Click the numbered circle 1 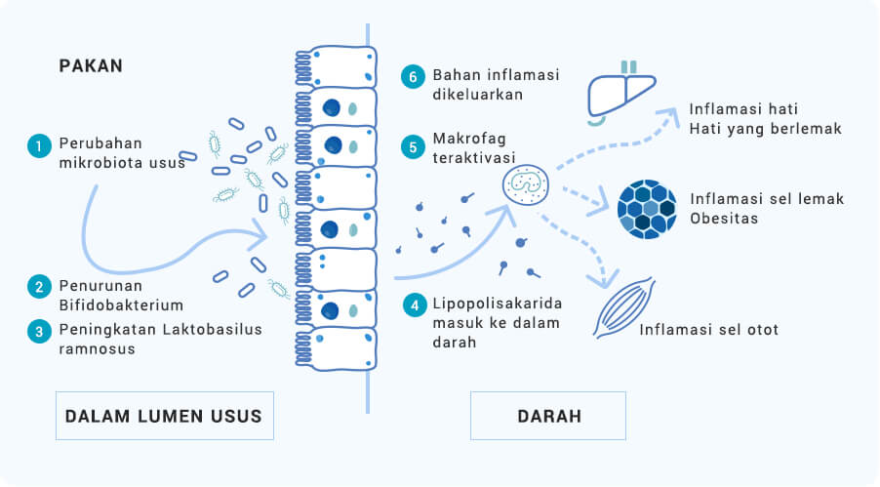click(x=39, y=146)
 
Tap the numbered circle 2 click(x=39, y=287)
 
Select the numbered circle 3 click(x=39, y=332)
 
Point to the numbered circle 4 click(x=415, y=305)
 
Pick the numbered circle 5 click(x=413, y=147)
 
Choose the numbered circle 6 click(x=413, y=76)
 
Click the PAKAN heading click(x=91, y=65)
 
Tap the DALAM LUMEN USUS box click(x=165, y=416)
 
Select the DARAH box click(x=548, y=416)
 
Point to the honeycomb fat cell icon click(x=647, y=210)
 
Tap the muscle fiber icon click(x=624, y=307)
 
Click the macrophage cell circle click(x=525, y=184)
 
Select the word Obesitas click(x=724, y=218)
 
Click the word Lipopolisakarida click(x=498, y=304)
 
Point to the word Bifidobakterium click(x=121, y=305)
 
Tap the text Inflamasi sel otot click(x=709, y=329)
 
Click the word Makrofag click(x=469, y=139)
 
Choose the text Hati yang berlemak click(x=766, y=129)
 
